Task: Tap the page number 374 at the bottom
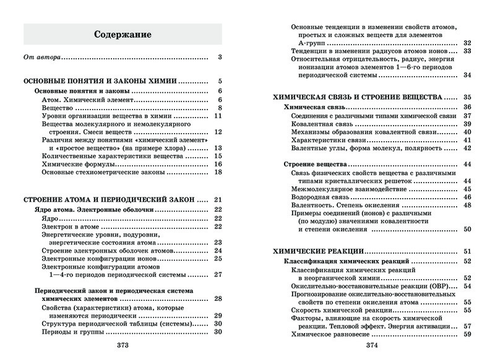[372, 345]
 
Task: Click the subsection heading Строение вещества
[315, 164]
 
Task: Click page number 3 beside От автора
[220, 58]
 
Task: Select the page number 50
[468, 229]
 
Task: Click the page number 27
[218, 274]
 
